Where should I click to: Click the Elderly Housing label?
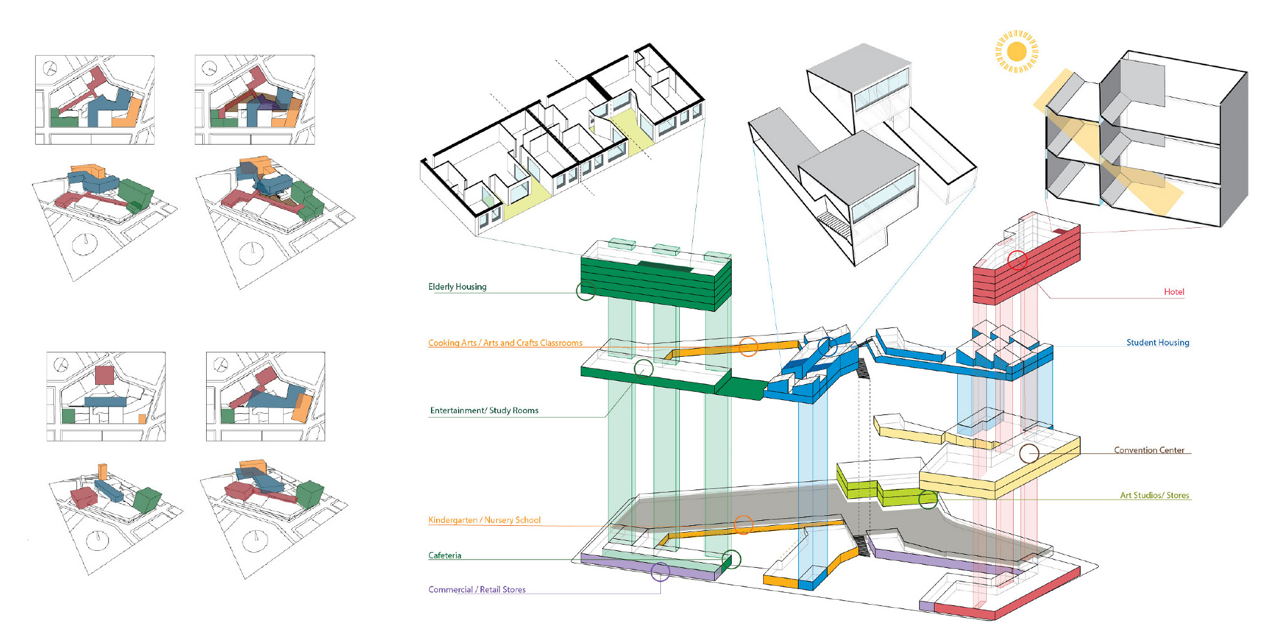tap(457, 287)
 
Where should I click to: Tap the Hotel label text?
tap(1174, 292)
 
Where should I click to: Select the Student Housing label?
tap(1158, 342)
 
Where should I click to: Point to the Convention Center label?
tap(1149, 450)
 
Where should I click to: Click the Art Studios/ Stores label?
tap(1155, 495)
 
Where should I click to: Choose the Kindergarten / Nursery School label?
tap(484, 520)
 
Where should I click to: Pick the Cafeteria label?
tap(445, 555)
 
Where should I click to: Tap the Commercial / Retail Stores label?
tap(477, 590)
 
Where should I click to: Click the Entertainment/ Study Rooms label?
tap(484, 411)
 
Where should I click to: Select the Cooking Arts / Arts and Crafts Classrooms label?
tap(505, 343)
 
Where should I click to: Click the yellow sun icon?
tap(1017, 51)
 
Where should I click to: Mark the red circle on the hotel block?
tap(1017, 260)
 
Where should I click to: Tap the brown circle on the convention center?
tap(1029, 453)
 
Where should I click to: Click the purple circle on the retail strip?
tap(660, 572)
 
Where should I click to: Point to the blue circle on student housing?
tap(828, 346)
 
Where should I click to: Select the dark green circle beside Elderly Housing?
tap(585, 290)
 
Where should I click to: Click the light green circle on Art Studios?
tap(928, 499)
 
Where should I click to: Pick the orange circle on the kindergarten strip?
tap(743, 525)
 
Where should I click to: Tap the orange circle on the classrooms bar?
tap(748, 347)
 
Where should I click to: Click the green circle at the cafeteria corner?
tap(731, 559)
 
